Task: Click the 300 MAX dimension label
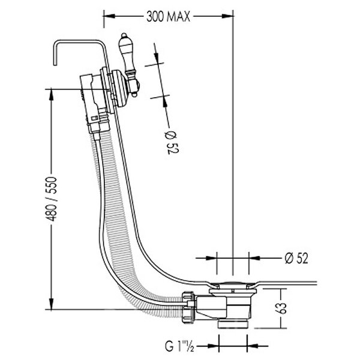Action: (x=168, y=17)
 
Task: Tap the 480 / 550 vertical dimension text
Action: (x=52, y=199)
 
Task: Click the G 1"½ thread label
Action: (x=179, y=347)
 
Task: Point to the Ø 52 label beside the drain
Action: (x=296, y=258)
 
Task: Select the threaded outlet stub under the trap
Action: (x=233, y=325)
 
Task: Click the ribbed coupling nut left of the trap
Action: (x=190, y=307)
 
